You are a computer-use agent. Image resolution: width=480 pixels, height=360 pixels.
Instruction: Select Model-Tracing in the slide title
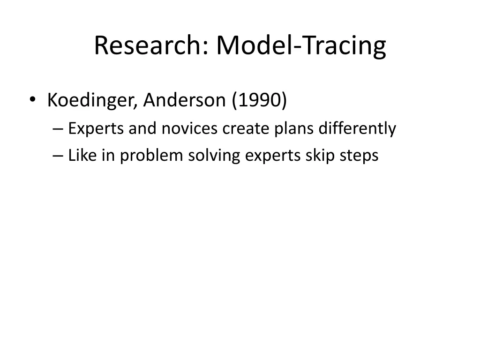301,46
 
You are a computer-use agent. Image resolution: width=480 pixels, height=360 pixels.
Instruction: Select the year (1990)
259,100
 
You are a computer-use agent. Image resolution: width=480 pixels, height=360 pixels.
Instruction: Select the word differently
357,128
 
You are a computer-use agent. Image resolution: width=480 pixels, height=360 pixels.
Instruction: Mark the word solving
214,156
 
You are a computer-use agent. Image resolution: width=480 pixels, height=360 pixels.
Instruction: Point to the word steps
359,156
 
